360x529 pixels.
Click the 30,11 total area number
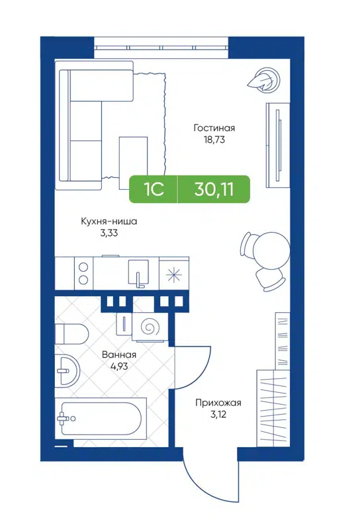click(213, 189)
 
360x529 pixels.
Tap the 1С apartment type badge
click(154, 189)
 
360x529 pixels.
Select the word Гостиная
click(214, 128)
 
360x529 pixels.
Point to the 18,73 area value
click(214, 140)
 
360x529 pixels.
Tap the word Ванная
click(119, 354)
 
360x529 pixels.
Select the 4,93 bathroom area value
click(119, 366)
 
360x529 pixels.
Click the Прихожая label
click(218, 403)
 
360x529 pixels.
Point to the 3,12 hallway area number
click(218, 414)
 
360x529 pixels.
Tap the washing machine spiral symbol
click(150, 327)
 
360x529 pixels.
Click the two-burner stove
click(83, 274)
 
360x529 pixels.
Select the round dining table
click(273, 252)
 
